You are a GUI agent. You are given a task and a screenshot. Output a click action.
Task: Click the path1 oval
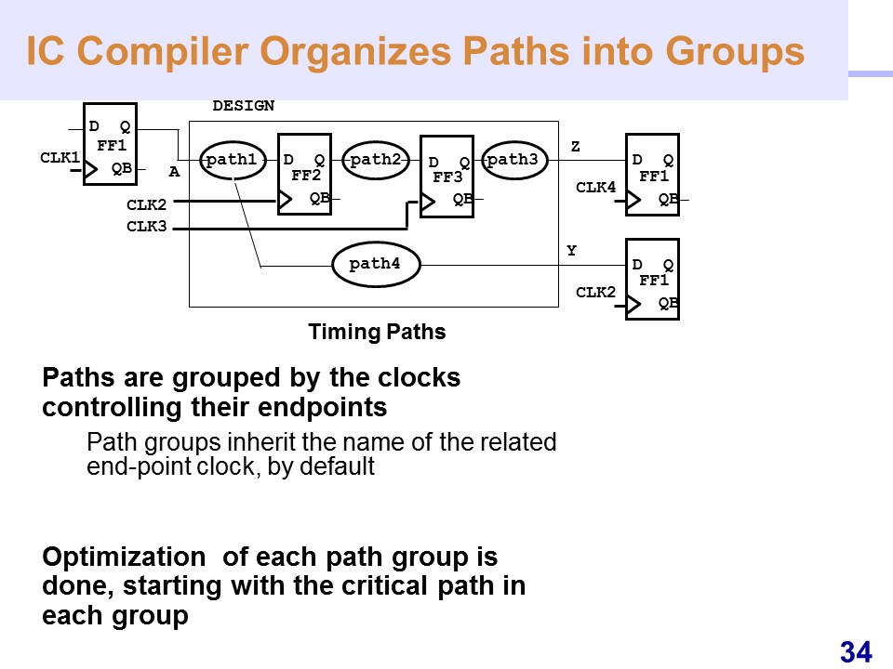coord(233,160)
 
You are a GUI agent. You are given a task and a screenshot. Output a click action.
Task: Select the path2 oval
coord(376,160)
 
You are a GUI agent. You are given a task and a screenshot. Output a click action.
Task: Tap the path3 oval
coord(513,160)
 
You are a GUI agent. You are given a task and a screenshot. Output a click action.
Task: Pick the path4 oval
coord(375,265)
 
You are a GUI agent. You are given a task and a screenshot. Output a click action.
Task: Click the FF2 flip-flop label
coord(305,175)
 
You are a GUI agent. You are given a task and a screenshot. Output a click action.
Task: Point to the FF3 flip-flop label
coord(447,177)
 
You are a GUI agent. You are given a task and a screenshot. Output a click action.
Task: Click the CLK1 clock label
coord(60,158)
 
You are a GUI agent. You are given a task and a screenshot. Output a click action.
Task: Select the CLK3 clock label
coord(146,225)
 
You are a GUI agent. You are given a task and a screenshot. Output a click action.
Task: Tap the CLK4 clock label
coord(595,188)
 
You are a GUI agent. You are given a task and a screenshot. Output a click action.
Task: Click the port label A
coord(173,172)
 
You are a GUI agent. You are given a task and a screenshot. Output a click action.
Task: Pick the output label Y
coord(572,251)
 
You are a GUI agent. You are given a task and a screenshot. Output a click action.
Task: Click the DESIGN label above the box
coord(243,106)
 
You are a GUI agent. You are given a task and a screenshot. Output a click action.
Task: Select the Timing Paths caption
coord(377,332)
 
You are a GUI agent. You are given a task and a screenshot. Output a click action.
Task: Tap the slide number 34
coord(856,652)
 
